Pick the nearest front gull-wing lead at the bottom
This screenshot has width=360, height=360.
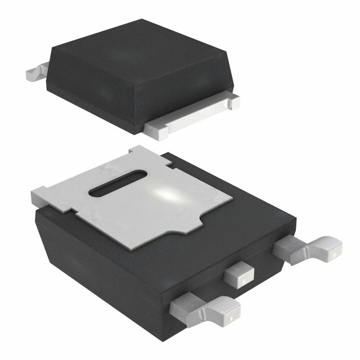[x=205, y=309]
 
